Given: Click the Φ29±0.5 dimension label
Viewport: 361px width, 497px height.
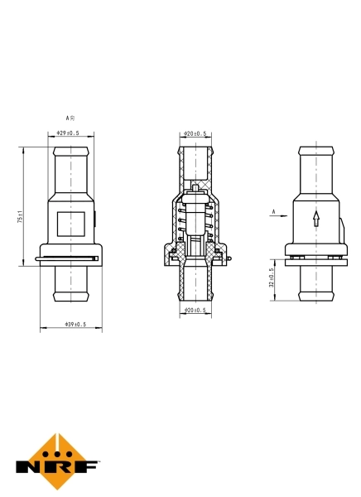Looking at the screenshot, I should [68, 133].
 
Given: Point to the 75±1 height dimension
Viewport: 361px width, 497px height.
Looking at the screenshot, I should [19, 218].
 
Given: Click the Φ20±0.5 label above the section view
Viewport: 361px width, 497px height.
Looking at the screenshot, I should [195, 133].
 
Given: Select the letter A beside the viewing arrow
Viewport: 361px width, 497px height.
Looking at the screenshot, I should [272, 212].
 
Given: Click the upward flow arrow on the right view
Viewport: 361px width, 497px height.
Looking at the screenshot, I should [315, 219].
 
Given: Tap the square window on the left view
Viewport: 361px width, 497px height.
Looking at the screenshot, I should [70, 224].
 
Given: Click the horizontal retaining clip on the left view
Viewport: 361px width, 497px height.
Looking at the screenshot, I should [70, 261].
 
